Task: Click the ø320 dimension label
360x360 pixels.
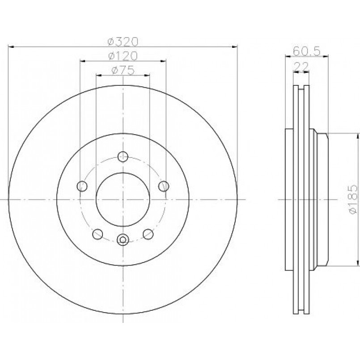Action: click(x=123, y=42)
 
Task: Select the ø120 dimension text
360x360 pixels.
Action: click(x=123, y=56)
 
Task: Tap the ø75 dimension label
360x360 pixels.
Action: click(x=123, y=70)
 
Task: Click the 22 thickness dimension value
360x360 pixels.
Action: click(x=301, y=67)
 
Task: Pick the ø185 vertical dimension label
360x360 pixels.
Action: click(x=353, y=200)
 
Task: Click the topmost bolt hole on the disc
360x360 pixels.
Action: click(x=123, y=157)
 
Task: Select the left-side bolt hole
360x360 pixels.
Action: click(x=82, y=186)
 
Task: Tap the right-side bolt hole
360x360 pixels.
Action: click(x=164, y=186)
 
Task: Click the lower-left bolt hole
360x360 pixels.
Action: click(x=97, y=234)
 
